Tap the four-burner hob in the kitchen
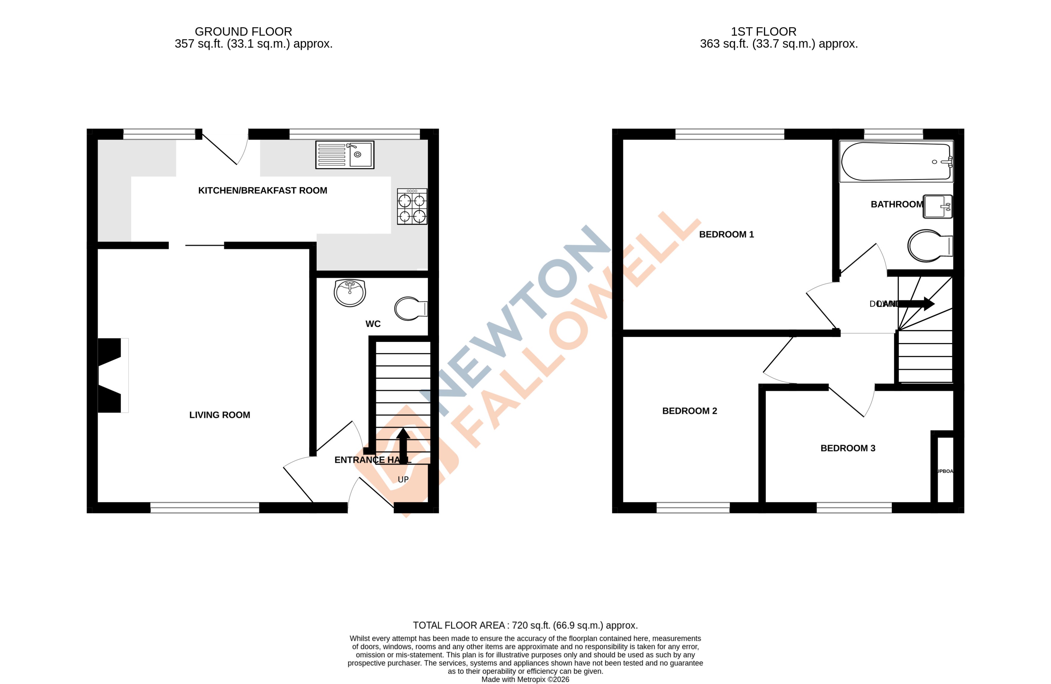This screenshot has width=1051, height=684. [412, 207]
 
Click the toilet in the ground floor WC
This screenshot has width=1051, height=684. [410, 308]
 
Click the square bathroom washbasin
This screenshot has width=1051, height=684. [937, 206]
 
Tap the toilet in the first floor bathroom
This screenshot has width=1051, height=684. [929, 246]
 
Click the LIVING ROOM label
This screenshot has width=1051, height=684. [220, 415]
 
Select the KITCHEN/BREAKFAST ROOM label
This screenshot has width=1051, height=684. [262, 191]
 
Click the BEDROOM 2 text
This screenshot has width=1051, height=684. [689, 411]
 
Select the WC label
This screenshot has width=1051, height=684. [373, 324]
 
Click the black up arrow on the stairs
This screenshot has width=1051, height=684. [403, 444]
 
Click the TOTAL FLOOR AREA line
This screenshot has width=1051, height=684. [525, 625]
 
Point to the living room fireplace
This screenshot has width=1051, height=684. [111, 375]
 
